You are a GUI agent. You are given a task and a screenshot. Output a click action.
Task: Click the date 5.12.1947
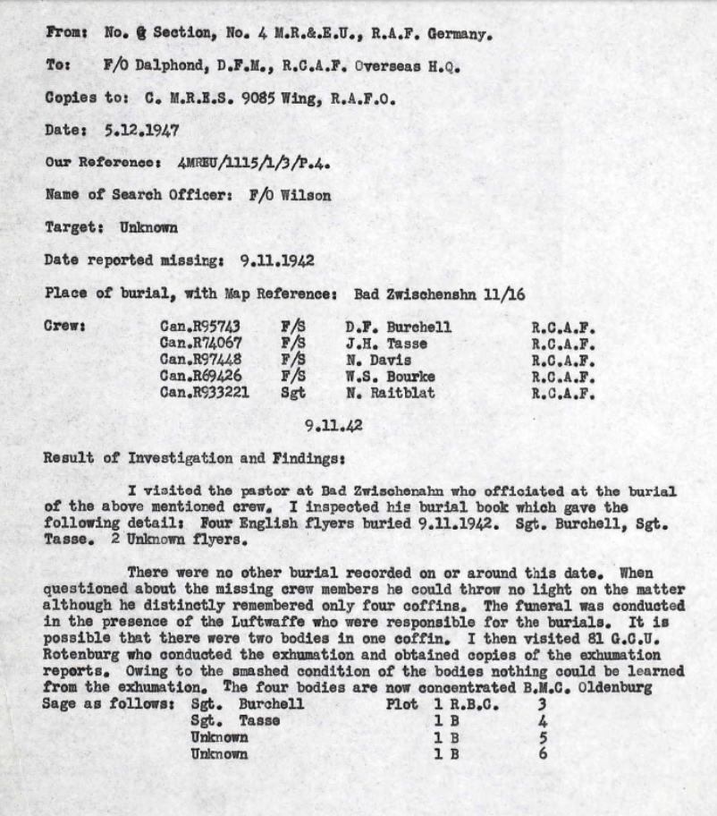point(142,130)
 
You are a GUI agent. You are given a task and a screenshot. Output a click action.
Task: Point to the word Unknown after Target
point(149,227)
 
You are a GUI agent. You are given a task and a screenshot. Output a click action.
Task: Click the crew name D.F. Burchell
point(398,327)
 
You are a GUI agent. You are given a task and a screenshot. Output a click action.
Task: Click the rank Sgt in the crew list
point(292,392)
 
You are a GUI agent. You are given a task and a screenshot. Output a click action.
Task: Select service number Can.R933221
point(205,392)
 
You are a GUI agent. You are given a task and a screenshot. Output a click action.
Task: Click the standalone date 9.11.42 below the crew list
point(333,426)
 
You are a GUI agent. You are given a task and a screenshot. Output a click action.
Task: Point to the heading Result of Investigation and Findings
point(191,458)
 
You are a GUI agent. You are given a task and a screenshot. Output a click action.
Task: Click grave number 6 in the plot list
point(543,753)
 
